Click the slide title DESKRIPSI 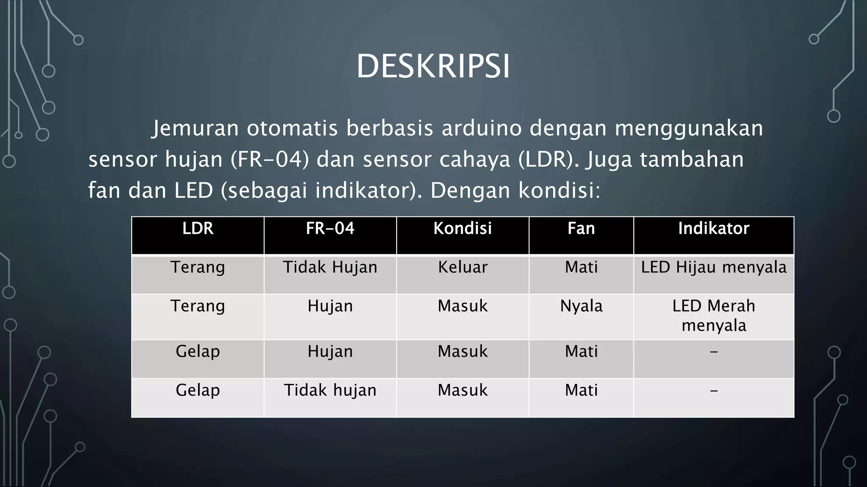(x=433, y=66)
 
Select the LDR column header (x=198, y=229)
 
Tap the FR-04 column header (x=330, y=229)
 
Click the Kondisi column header (x=462, y=229)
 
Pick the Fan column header (x=581, y=229)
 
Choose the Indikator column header (x=713, y=229)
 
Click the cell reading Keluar (x=462, y=267)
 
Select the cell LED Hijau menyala (x=713, y=267)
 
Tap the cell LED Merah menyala (x=713, y=315)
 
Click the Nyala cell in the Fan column (x=581, y=306)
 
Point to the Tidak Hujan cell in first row (x=330, y=267)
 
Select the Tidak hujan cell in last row (x=330, y=390)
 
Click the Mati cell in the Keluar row (x=581, y=267)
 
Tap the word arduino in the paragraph (x=481, y=128)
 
